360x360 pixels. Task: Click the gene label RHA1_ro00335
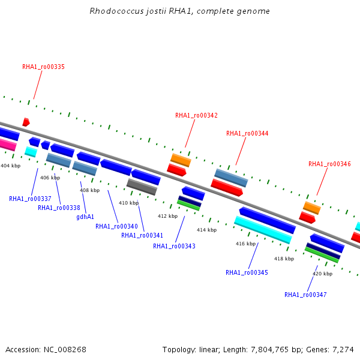(x=43, y=67)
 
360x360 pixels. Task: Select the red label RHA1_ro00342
(x=196, y=115)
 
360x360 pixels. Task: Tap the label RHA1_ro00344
(x=247, y=133)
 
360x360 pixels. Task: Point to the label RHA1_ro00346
(x=329, y=164)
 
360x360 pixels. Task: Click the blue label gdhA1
(x=85, y=217)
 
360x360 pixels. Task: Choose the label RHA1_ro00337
(x=30, y=199)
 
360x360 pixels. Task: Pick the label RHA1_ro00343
(x=174, y=246)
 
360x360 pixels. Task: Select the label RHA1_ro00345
(x=247, y=272)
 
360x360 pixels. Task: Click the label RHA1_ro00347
(x=305, y=295)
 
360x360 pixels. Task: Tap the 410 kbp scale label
(x=128, y=203)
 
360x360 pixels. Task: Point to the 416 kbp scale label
(x=245, y=244)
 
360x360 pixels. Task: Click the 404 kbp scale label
(x=11, y=166)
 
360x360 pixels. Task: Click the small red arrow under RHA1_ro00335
(x=26, y=122)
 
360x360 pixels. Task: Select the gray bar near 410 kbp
(x=142, y=187)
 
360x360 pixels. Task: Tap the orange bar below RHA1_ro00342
(x=181, y=160)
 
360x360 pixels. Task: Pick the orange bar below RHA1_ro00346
(x=312, y=208)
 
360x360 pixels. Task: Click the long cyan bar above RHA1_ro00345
(x=263, y=230)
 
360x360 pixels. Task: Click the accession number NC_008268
(x=65, y=350)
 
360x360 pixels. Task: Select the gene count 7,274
(x=343, y=350)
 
